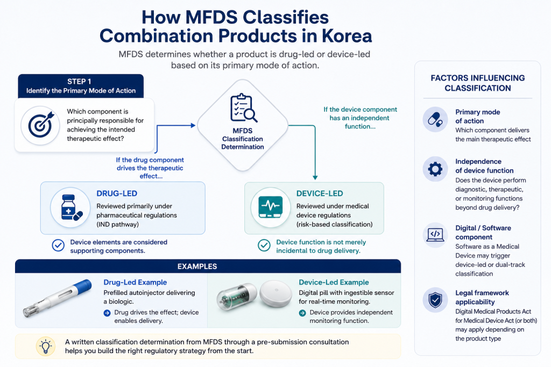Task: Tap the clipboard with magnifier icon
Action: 243,108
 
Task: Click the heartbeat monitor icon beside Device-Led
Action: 270,207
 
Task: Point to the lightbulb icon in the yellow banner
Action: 46,346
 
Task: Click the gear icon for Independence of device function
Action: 435,169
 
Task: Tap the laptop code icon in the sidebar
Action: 435,234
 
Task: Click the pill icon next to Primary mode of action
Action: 435,119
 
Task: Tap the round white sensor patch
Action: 276,294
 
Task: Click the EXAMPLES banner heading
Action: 197,267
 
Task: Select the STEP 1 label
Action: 80,81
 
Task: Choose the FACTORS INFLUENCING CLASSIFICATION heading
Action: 478,83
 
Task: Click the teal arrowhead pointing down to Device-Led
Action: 315,177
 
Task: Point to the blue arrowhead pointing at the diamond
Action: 193,125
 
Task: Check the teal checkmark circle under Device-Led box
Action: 264,246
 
